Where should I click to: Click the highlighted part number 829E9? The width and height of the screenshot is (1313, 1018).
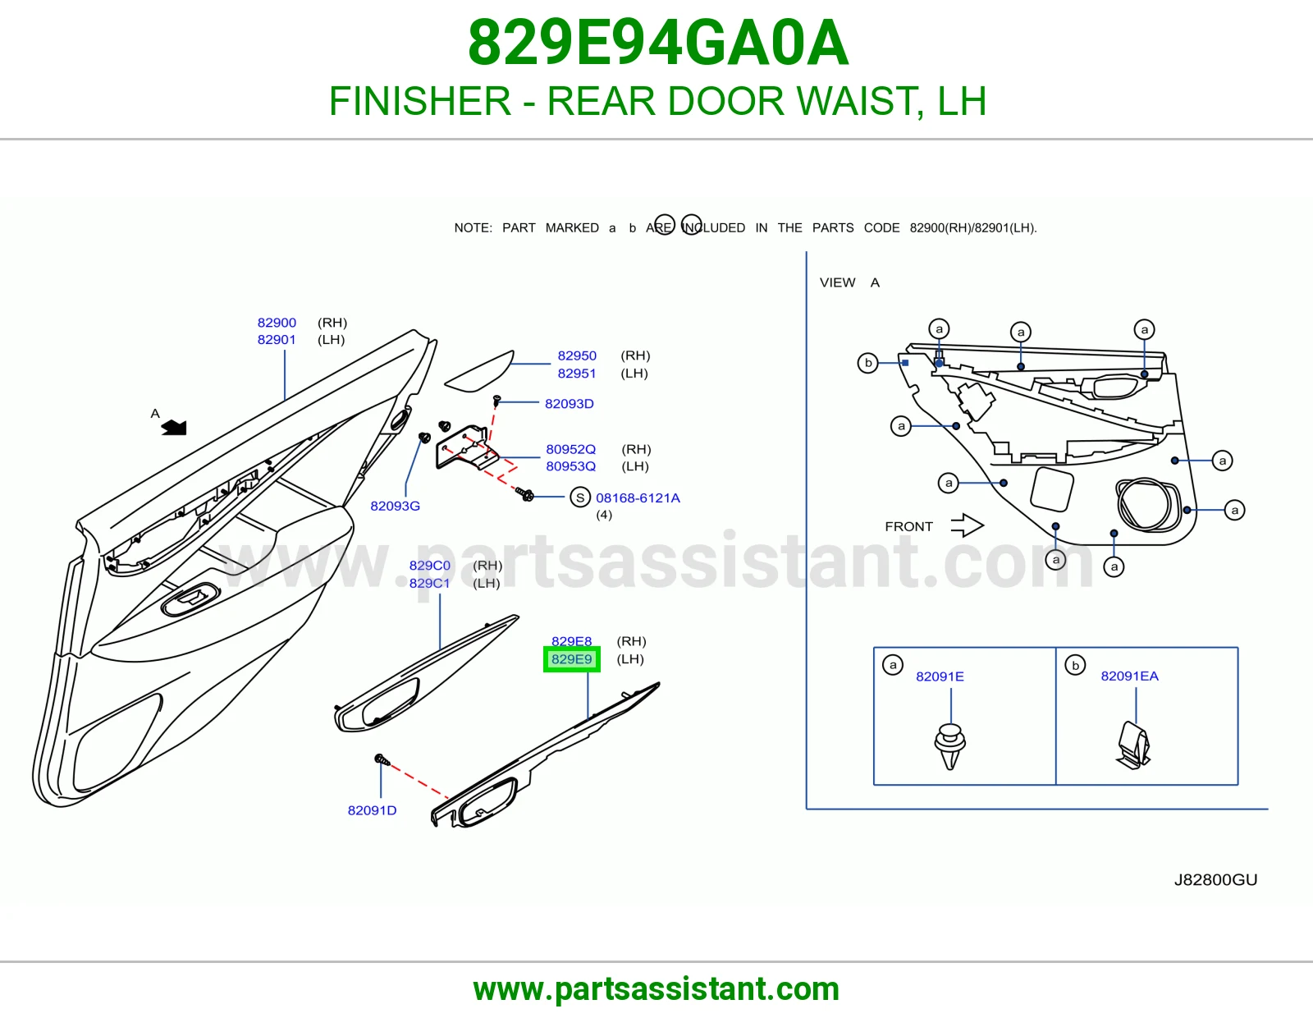[x=572, y=659]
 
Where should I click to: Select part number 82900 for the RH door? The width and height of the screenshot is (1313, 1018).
[x=277, y=322]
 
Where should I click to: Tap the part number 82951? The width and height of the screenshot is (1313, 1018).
[x=576, y=373]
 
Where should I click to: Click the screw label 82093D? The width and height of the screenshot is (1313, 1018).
[x=570, y=403]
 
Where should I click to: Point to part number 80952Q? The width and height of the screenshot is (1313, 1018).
[x=570, y=449]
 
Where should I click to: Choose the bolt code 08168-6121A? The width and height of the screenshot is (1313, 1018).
[x=638, y=498]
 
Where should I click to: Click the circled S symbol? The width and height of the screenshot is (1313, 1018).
[x=580, y=498]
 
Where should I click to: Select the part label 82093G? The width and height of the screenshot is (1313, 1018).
[x=395, y=506]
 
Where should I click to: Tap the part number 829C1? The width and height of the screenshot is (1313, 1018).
[x=430, y=583]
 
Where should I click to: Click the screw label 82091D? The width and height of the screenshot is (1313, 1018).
[x=372, y=810]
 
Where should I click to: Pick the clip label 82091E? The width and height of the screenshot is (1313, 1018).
[x=940, y=676]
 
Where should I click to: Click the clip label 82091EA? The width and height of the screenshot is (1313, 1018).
[x=1129, y=676]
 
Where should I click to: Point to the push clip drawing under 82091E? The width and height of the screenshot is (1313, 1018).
[x=949, y=746]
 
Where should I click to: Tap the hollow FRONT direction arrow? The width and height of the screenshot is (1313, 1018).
[x=967, y=525]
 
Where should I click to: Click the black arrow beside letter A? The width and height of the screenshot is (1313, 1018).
[x=174, y=428]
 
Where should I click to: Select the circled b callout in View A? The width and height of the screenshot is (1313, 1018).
[x=867, y=363]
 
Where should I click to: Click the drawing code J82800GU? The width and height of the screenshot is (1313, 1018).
[x=1215, y=879]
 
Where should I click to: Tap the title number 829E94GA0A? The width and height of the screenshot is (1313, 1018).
[x=658, y=43]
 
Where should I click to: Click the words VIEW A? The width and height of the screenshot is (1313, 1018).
[x=849, y=282]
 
